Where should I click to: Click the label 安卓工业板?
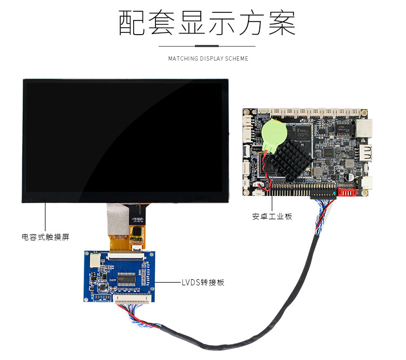(x=272, y=217)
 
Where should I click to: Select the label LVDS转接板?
(x=203, y=283)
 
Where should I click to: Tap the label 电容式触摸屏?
(x=45, y=237)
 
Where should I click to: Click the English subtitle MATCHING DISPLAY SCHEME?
(x=208, y=58)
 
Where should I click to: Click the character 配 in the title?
(x=132, y=23)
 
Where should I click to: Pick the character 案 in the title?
(x=281, y=23)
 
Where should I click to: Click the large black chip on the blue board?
(x=126, y=279)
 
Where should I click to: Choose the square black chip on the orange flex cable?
(x=136, y=232)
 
